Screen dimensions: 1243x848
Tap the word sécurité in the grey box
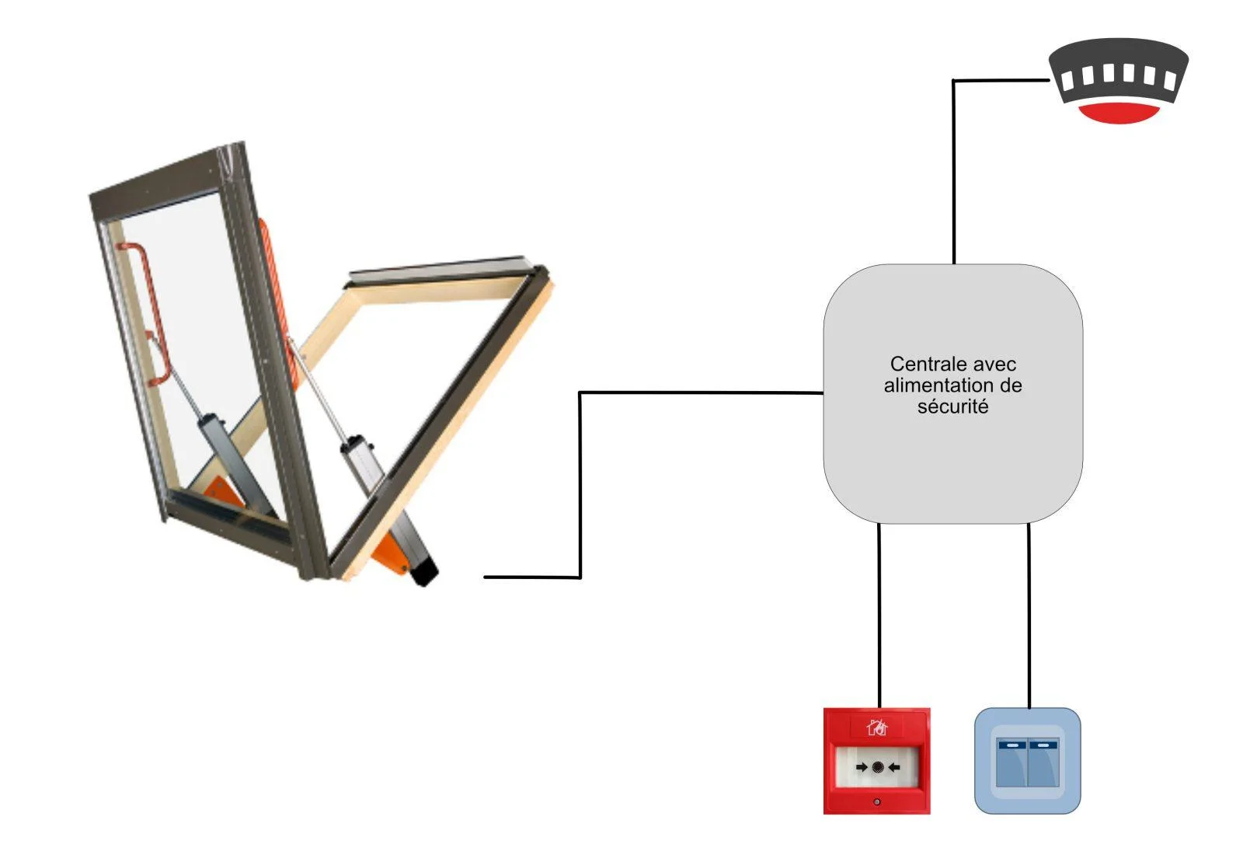pyautogui.click(x=952, y=407)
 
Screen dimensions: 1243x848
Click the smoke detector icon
pyautogui.click(x=1118, y=81)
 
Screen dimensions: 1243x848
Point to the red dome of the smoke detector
pyautogui.click(x=1119, y=113)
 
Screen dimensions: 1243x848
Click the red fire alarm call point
pyautogui.click(x=877, y=761)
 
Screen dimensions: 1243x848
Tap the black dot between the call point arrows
pyautogui.click(x=877, y=767)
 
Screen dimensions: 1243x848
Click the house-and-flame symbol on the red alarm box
pyautogui.click(x=877, y=727)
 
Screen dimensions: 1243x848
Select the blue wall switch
pyautogui.click(x=1028, y=761)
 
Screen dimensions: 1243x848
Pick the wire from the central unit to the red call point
pyautogui.click(x=879, y=616)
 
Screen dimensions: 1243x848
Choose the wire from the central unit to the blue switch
pyautogui.click(x=1029, y=616)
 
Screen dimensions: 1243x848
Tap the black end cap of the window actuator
pyautogui.click(x=424, y=573)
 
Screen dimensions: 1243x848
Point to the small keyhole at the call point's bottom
pyautogui.click(x=877, y=802)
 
